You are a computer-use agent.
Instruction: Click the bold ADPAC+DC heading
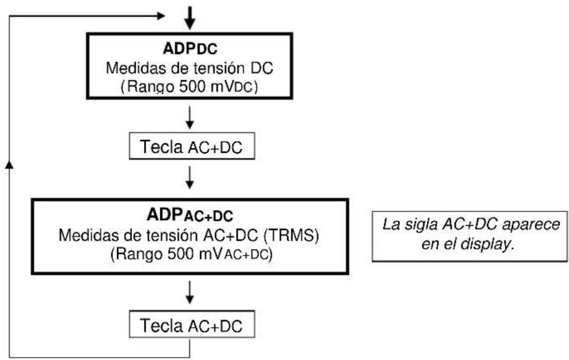pos(190,215)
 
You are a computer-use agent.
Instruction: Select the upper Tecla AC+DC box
pos(190,148)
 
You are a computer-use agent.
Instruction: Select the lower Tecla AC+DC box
pos(190,325)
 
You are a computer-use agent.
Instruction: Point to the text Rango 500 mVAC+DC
pos(190,255)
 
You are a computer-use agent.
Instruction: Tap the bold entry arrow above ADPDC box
pos(190,19)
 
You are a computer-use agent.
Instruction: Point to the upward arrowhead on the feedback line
pos(9,163)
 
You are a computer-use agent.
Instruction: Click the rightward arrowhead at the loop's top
pos(164,14)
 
